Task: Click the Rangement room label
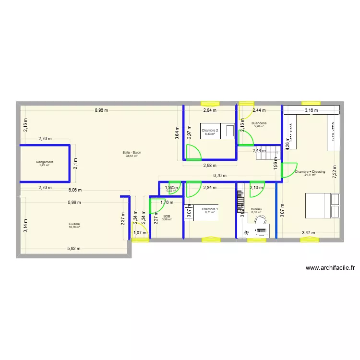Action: pos(44,162)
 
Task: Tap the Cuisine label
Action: pos(74,224)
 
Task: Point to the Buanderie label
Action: pos(259,123)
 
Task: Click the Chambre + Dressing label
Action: pos(310,171)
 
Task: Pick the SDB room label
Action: pos(167,216)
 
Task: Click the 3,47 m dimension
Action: pos(309,233)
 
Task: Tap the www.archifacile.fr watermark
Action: pos(329,268)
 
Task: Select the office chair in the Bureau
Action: pos(261,220)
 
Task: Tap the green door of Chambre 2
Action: pos(194,153)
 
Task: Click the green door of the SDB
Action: pos(156,206)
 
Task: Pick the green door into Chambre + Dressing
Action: pos(288,171)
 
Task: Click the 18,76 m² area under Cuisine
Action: pos(74,227)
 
